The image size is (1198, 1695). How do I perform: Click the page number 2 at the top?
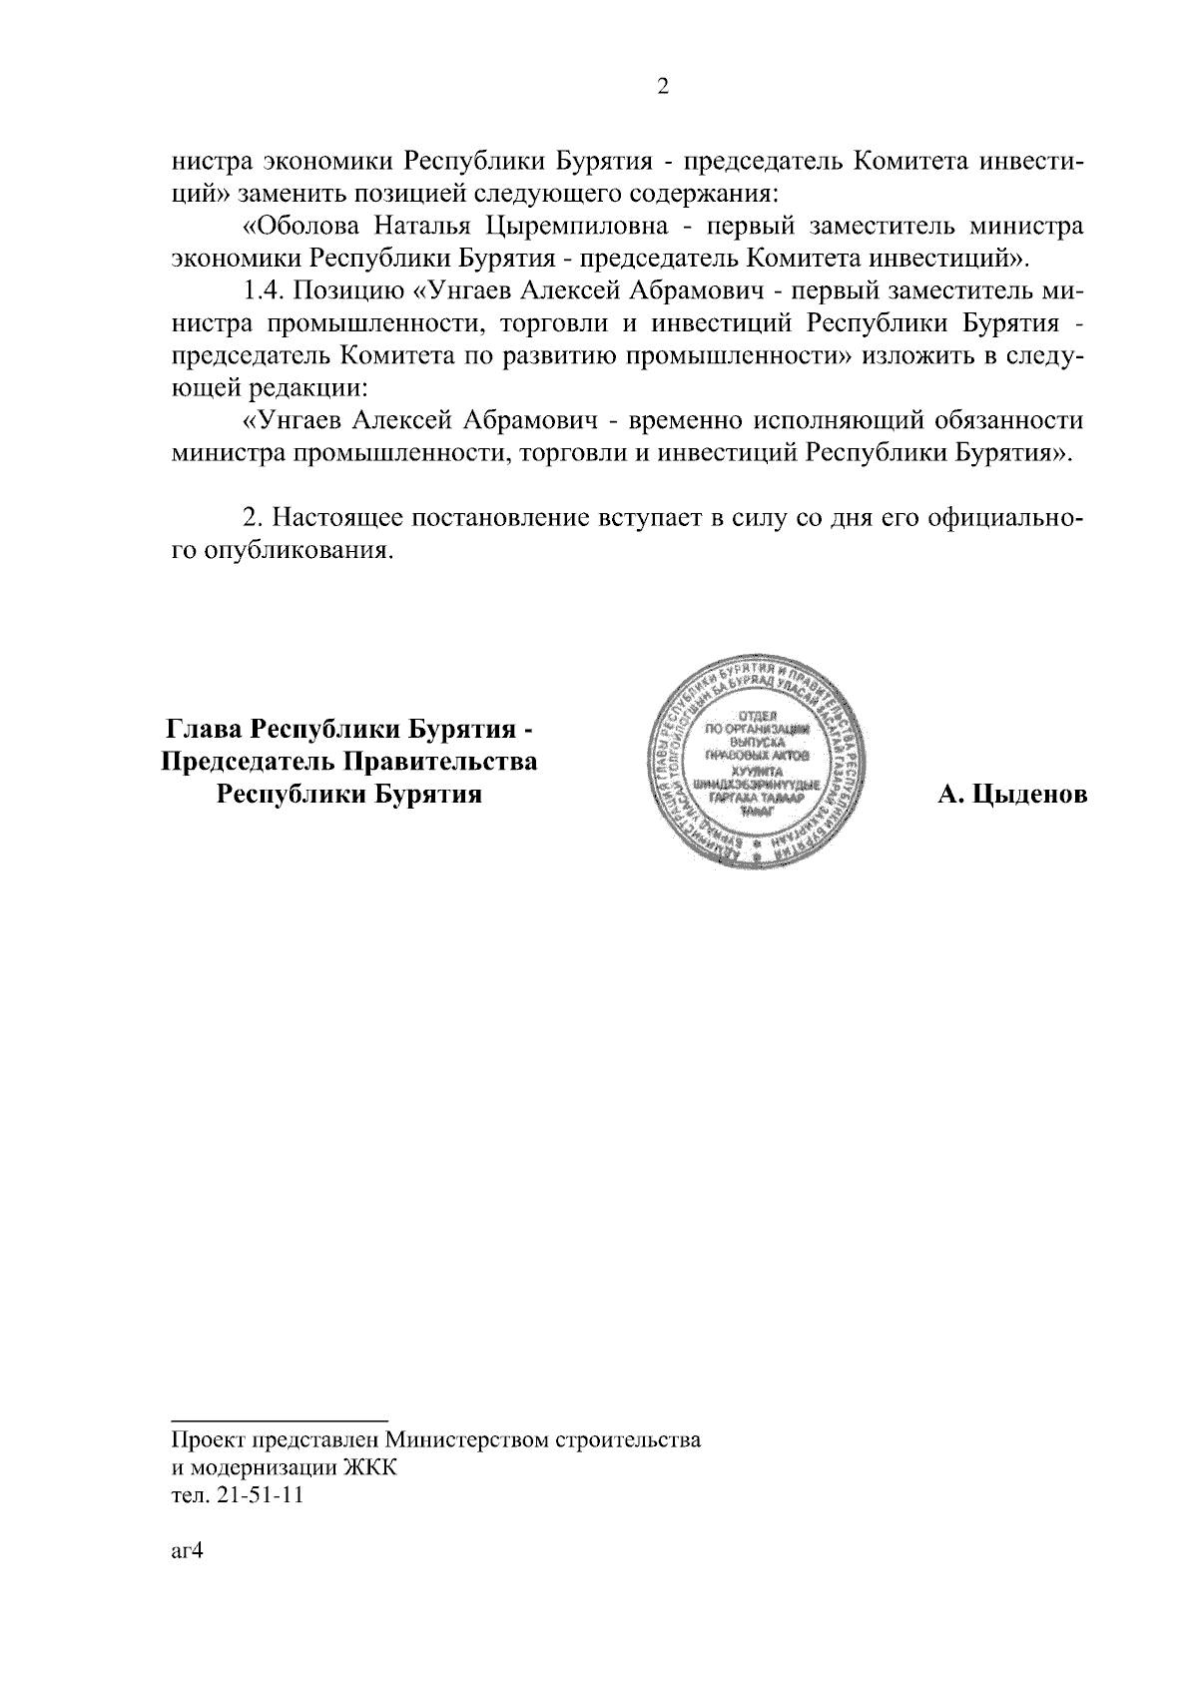click(662, 87)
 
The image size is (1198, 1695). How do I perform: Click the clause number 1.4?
click(265, 291)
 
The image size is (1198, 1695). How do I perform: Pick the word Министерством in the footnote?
click(454, 1440)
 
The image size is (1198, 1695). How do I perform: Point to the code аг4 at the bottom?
click(187, 1553)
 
